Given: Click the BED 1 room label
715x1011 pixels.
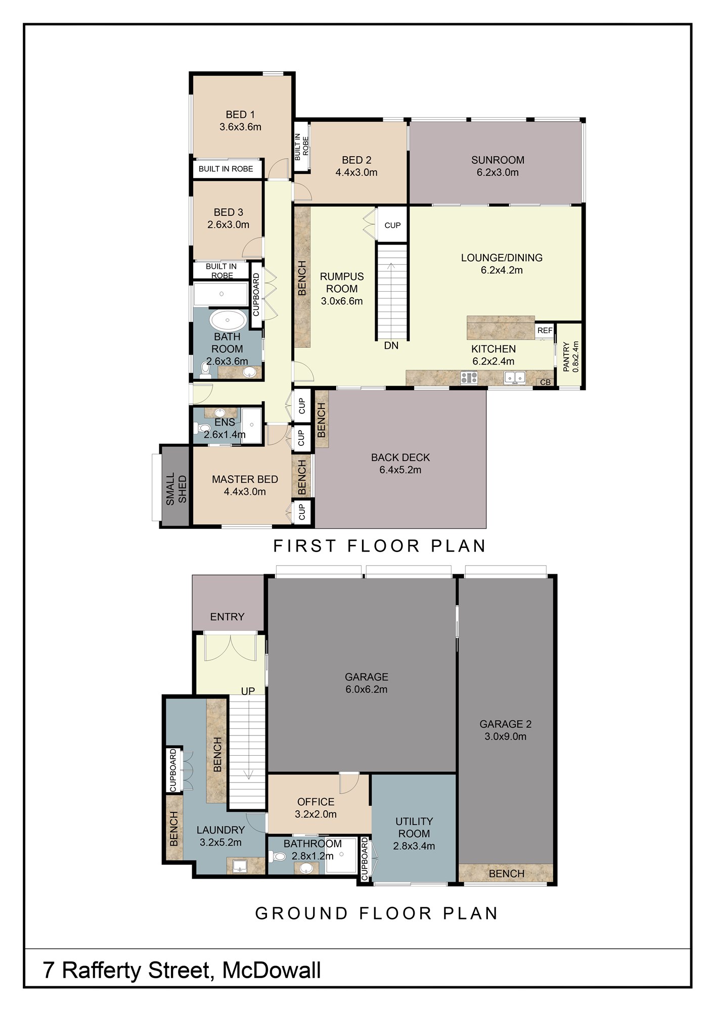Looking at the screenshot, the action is (x=240, y=115).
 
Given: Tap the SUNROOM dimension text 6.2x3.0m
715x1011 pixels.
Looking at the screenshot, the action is (x=498, y=172).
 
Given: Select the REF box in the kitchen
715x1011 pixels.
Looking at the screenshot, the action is (x=545, y=331).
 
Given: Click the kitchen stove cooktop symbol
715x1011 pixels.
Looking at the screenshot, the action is (x=469, y=377).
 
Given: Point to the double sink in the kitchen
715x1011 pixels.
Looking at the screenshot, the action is (x=515, y=377).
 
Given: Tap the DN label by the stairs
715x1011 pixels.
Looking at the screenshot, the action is (x=391, y=346).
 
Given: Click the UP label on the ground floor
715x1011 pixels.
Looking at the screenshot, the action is (x=248, y=691).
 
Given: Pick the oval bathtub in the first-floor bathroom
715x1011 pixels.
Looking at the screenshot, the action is (x=228, y=320).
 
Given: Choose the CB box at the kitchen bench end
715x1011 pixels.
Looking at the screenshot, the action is (x=545, y=382).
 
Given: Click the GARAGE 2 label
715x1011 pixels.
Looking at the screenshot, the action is (x=505, y=724).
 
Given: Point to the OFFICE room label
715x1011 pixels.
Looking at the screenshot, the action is (x=316, y=802).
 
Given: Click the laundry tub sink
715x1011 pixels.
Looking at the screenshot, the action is (x=240, y=866).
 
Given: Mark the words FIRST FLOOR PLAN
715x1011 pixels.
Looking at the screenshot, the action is (x=380, y=546).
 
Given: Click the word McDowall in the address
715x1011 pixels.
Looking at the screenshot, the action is (x=272, y=971).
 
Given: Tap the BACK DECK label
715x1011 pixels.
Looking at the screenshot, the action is (x=400, y=457).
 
